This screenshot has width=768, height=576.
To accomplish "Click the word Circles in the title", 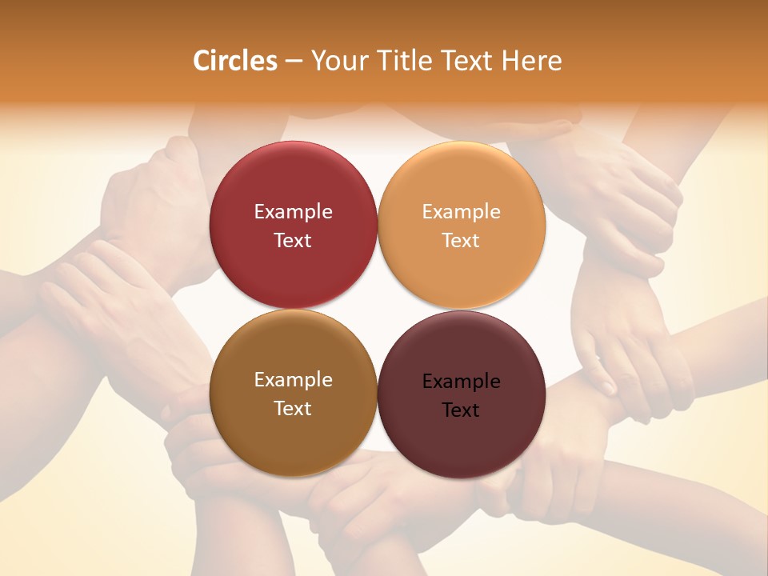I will [x=234, y=61].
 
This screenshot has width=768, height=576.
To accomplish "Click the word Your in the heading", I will [x=339, y=61].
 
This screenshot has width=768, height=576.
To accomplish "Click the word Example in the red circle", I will [x=293, y=212].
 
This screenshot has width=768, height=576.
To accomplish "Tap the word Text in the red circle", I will [x=293, y=240].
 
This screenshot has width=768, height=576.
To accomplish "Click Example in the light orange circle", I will [x=461, y=212].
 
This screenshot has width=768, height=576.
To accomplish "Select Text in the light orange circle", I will [x=461, y=240].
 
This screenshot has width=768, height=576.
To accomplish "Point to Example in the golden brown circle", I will [x=293, y=380].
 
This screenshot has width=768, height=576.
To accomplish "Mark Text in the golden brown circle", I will [x=293, y=408].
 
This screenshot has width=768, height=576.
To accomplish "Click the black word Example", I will [x=461, y=382].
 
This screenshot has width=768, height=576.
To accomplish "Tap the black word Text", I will [x=461, y=410].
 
